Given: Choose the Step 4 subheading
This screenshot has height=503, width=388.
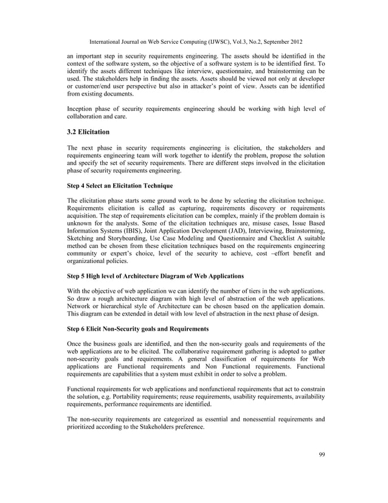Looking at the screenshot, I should coord(120,185).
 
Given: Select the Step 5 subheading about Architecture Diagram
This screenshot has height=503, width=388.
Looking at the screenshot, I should coord(155,276).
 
